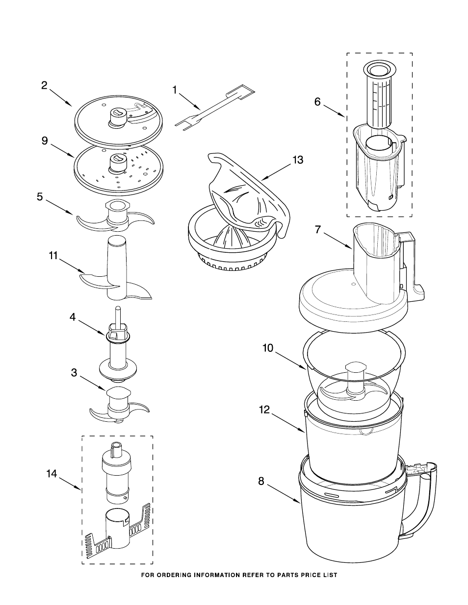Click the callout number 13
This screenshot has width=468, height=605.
click(298, 160)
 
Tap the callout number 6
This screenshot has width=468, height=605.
click(318, 102)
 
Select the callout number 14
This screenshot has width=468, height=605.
click(52, 474)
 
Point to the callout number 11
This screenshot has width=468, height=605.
click(53, 255)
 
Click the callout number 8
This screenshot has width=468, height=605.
click(261, 481)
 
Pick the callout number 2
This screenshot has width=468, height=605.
click(44, 85)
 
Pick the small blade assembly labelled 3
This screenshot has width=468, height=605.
click(119, 406)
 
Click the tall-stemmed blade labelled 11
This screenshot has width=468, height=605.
click(116, 268)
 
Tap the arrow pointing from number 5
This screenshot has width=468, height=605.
click(59, 207)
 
